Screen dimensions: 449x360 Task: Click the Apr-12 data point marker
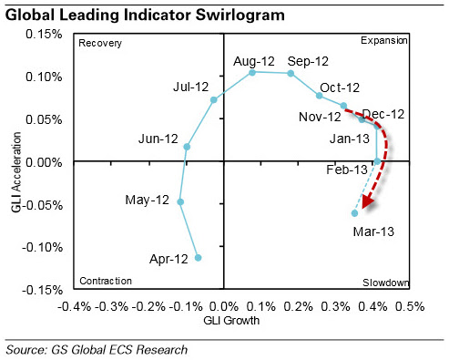(x=198, y=258)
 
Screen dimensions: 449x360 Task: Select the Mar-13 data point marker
(x=354, y=213)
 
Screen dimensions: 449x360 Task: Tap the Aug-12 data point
(x=252, y=72)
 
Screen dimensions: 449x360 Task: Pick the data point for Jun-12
(x=187, y=147)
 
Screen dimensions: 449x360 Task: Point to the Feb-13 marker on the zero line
(x=377, y=161)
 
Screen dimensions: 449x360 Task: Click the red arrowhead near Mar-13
(x=368, y=201)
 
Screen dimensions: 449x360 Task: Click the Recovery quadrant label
(x=100, y=44)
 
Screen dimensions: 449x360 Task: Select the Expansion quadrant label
(x=384, y=40)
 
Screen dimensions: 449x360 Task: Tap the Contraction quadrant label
(x=106, y=281)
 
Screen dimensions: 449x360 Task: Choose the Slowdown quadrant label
(x=386, y=283)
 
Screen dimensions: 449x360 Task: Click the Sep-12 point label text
(x=308, y=61)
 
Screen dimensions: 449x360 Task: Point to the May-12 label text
(x=148, y=201)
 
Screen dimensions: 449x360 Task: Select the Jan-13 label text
(x=350, y=139)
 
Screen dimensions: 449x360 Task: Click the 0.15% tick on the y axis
(x=44, y=34)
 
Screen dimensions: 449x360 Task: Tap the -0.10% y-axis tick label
(x=42, y=247)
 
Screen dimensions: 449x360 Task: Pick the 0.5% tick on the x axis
(x=410, y=306)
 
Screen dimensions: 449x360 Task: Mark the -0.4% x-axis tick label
(x=75, y=306)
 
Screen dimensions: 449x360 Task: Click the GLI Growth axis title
(x=231, y=321)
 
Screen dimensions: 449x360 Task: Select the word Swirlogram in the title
(x=240, y=15)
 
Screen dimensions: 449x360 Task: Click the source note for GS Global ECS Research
(x=97, y=350)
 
